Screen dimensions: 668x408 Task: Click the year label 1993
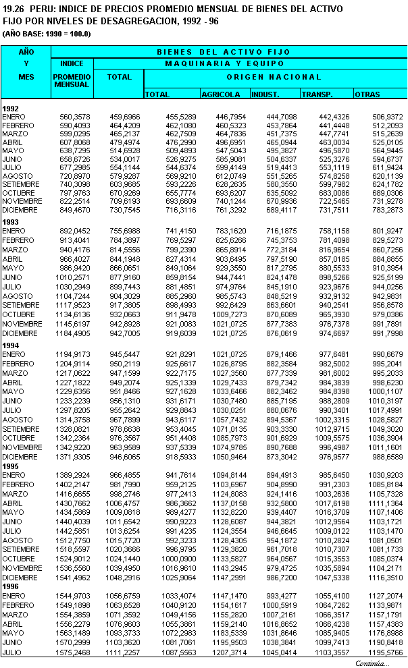point(11,221)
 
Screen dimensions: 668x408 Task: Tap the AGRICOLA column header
point(221,94)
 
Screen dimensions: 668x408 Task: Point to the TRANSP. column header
point(318,94)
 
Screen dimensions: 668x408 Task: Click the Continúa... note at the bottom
point(372,663)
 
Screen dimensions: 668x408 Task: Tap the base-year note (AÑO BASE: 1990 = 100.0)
point(47,33)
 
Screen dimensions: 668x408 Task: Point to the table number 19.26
point(14,9)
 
